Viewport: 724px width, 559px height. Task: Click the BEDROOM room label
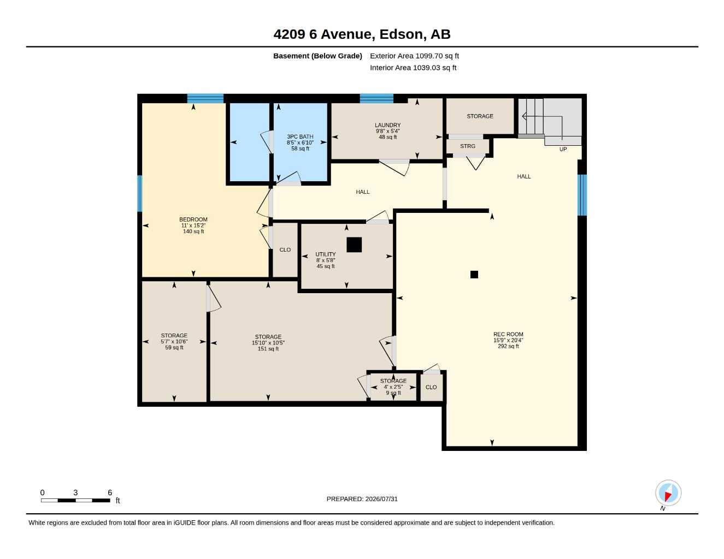[193, 219]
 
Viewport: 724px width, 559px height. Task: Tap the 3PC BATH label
[300, 137]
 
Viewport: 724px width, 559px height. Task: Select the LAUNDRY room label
[387, 125]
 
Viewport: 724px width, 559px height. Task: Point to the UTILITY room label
[326, 254]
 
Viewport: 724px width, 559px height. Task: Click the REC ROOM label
[508, 335]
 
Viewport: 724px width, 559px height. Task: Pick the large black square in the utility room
[354, 245]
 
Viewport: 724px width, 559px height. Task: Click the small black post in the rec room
[474, 275]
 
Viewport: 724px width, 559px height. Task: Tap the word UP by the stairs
[563, 149]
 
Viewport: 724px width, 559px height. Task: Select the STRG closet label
[467, 146]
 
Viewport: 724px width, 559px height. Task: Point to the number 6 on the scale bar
[110, 492]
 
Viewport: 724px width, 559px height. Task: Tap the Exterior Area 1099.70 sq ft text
[414, 56]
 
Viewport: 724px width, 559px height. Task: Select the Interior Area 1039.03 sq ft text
[413, 68]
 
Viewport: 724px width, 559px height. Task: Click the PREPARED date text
[362, 499]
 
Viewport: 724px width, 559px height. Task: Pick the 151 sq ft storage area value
[268, 349]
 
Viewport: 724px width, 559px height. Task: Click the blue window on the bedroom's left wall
[140, 194]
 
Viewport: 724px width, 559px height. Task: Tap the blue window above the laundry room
[376, 98]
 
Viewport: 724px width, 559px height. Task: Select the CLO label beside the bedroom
[285, 250]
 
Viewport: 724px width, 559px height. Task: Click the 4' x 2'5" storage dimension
[393, 387]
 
